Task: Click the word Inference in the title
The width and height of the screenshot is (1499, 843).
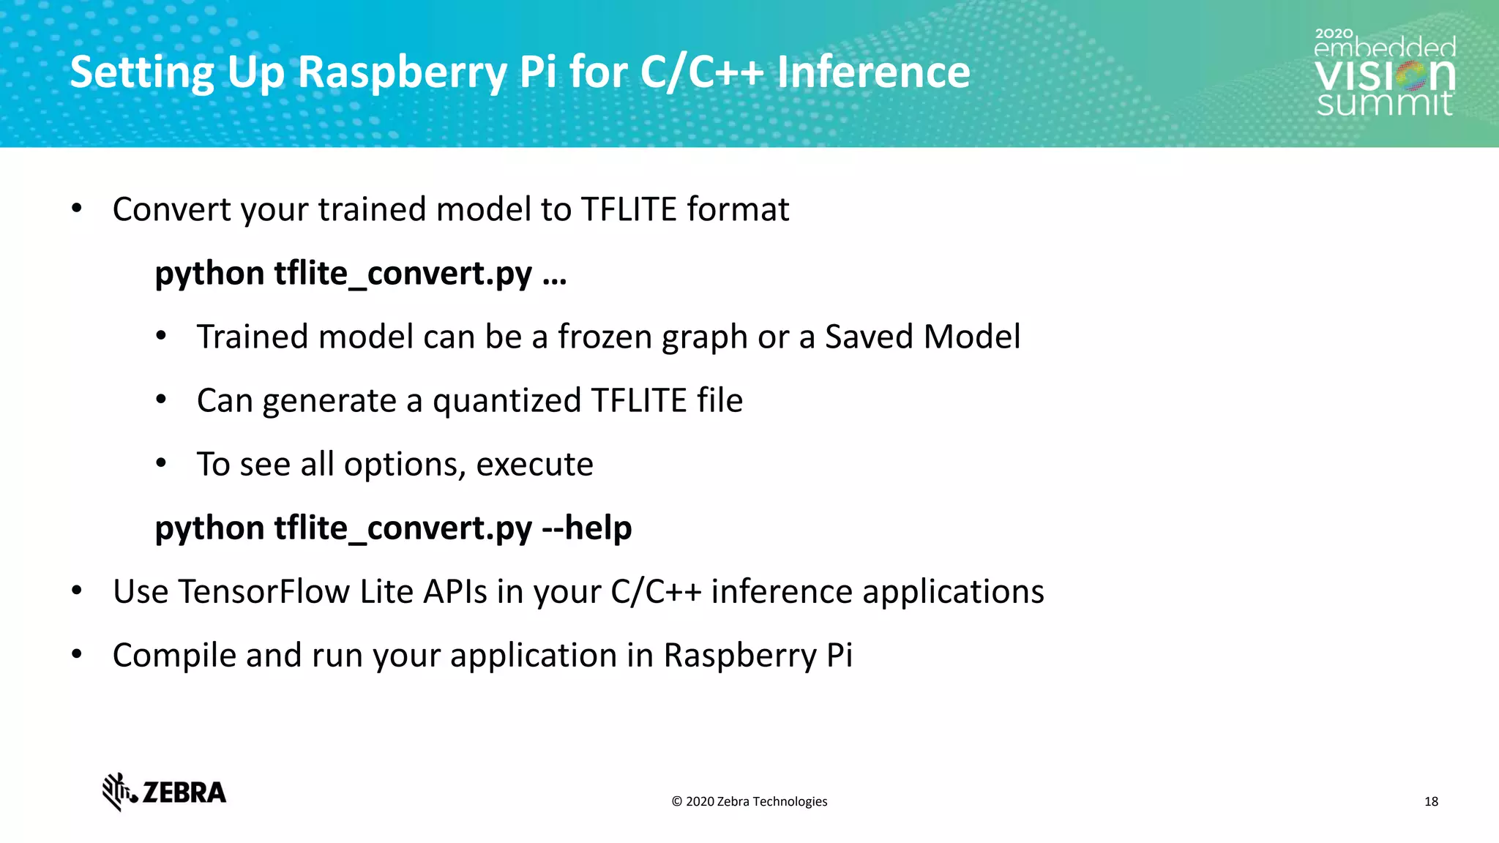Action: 873,72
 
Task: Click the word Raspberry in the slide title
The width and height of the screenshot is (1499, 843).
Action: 402,72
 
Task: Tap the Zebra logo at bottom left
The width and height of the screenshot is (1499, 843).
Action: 165,792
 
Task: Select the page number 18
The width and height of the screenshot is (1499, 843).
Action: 1431,801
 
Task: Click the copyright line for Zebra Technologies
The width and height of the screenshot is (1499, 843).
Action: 749,801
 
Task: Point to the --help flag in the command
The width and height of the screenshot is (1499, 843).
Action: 586,528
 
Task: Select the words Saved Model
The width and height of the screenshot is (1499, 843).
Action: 922,337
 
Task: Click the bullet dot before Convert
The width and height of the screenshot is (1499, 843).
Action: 77,209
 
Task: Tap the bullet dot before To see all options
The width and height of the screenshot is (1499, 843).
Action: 161,463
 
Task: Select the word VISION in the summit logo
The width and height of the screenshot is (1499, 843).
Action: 1384,75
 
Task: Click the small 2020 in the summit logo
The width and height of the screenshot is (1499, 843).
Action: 1334,34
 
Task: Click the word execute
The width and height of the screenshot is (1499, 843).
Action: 534,464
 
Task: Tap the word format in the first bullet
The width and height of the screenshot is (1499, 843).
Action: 738,209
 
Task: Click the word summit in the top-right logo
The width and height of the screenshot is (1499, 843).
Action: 1384,103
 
